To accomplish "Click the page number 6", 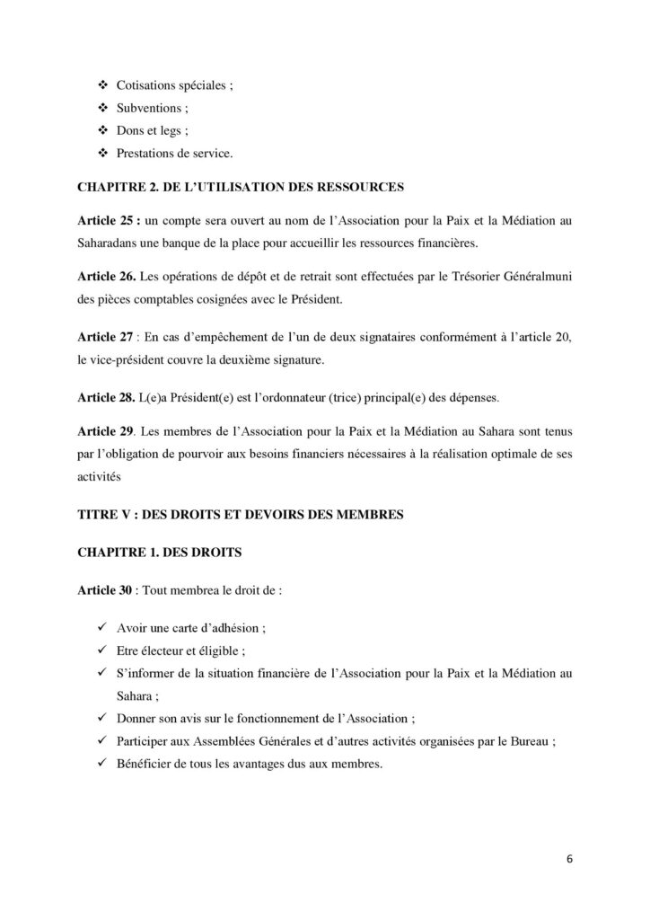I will click(x=569, y=857).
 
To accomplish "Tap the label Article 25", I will click(x=101, y=221).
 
